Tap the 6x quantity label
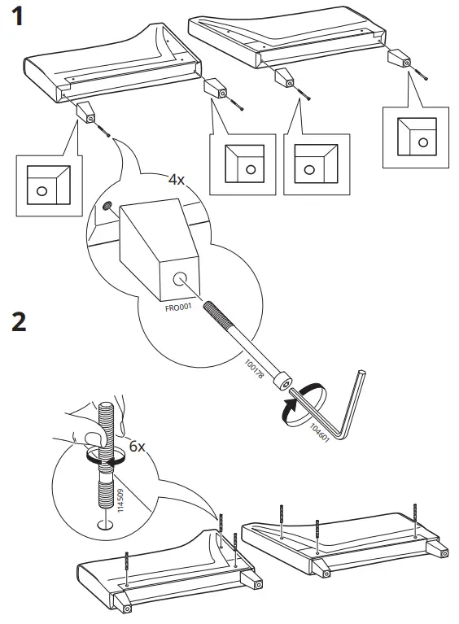tap(137, 446)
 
